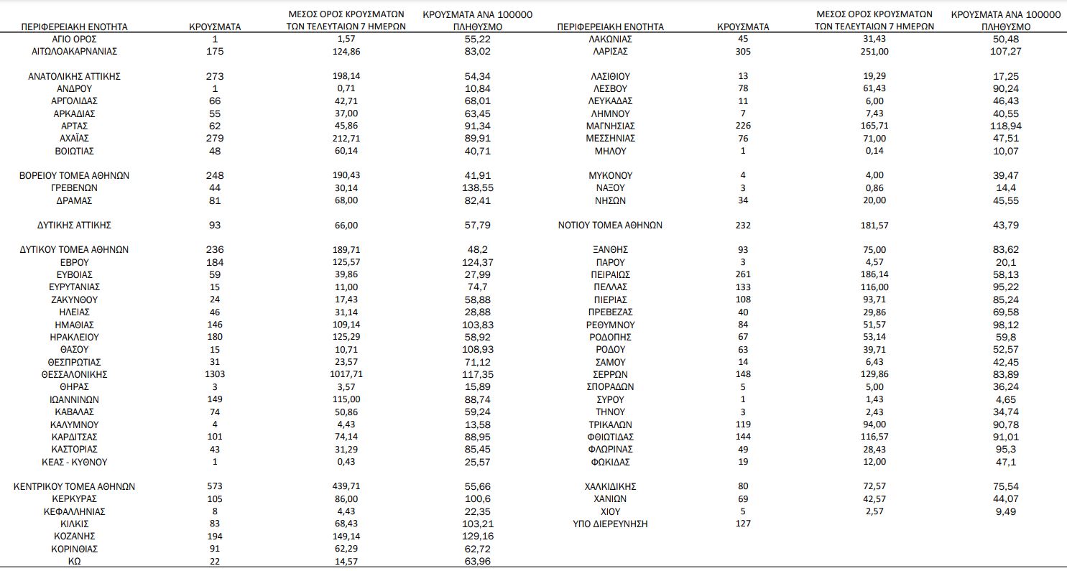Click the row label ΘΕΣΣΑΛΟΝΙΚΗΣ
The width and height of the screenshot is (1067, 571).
click(x=75, y=375)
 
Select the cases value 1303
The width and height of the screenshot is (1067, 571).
click(x=214, y=375)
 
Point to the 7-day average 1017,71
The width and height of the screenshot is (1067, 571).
click(x=341, y=375)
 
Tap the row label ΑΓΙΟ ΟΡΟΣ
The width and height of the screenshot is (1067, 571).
click(x=75, y=39)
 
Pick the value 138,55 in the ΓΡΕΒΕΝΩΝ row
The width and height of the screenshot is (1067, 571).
click(x=477, y=188)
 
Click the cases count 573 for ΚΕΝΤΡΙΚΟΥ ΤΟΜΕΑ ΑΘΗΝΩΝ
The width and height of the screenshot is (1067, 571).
click(x=214, y=487)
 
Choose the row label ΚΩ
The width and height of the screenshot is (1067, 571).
click(x=75, y=562)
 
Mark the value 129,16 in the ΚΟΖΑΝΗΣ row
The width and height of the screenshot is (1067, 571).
click(x=477, y=537)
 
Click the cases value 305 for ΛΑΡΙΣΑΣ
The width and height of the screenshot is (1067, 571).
click(x=743, y=51)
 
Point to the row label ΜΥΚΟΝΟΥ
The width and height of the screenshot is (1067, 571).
click(x=610, y=175)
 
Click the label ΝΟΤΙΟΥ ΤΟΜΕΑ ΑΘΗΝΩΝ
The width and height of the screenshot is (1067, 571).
click(x=610, y=226)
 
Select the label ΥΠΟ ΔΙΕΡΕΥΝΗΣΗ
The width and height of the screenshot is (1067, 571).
click(x=610, y=524)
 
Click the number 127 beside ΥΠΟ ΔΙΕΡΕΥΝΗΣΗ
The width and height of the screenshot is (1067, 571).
click(x=743, y=524)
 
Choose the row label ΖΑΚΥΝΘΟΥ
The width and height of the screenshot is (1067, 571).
click(x=75, y=300)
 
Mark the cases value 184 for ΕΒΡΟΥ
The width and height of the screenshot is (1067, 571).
click(x=214, y=263)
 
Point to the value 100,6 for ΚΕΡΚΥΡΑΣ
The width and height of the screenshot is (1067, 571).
click(x=477, y=499)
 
